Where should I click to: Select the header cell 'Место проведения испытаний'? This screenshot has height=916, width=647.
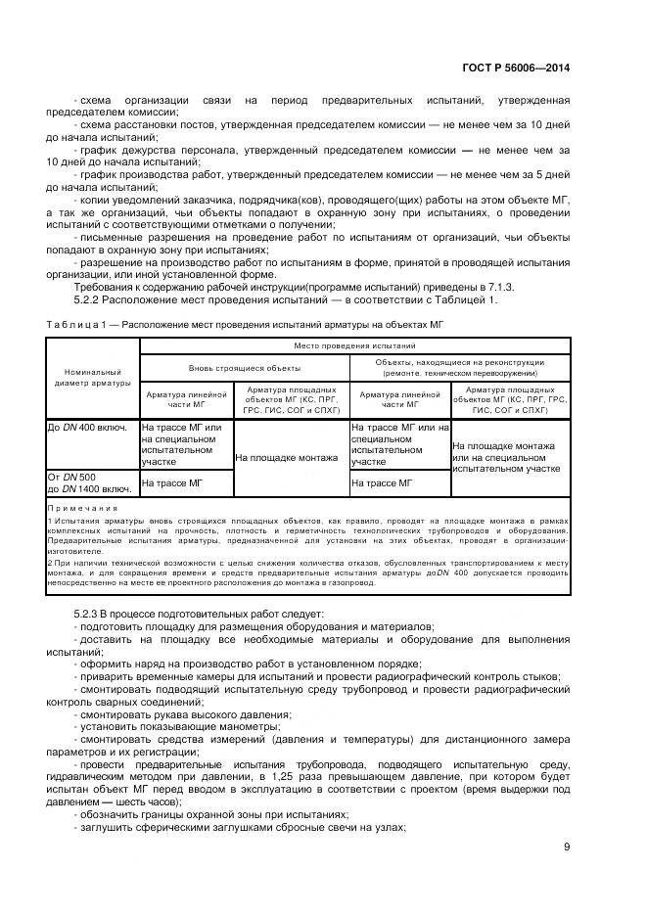pos(355,346)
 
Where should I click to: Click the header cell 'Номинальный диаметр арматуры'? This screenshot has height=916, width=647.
pos(92,377)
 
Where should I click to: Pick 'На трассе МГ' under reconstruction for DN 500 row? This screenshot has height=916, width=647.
pos(382,483)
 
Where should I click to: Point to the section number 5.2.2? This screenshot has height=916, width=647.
pos(88,299)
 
